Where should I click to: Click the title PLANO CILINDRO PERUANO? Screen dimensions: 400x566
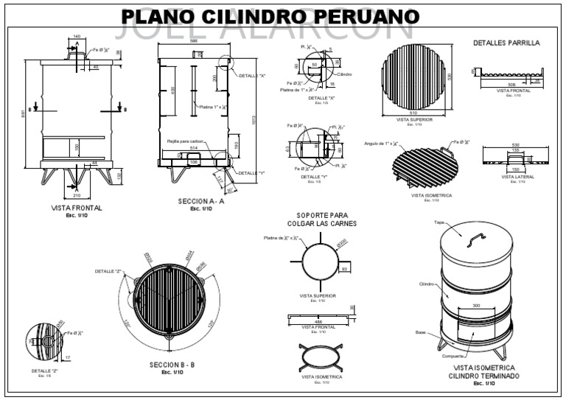pos(270,17)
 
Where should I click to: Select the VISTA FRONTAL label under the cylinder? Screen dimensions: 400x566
pos(76,208)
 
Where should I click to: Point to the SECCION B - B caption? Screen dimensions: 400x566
pos(172,365)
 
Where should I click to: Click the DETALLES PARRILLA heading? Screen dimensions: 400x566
pos(506,43)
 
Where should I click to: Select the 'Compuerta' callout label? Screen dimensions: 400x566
pos(451,357)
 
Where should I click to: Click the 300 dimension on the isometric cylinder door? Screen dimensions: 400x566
pos(476,305)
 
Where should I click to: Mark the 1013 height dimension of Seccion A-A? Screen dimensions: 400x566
pos(254,120)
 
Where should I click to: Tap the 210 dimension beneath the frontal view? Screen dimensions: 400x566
pos(76,196)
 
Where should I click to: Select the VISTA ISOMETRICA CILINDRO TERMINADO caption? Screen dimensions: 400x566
pos(483,371)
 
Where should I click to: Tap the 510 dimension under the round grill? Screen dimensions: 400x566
pos(414,113)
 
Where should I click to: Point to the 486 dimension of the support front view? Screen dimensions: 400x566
pos(318,322)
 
